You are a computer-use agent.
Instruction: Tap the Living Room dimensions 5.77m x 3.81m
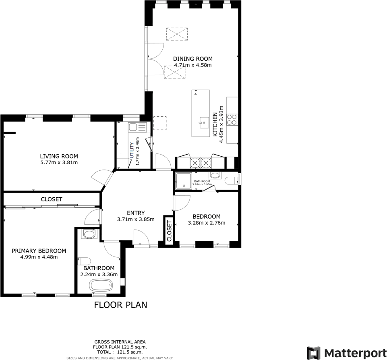click(x=59, y=163)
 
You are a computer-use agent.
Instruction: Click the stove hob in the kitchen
click(x=232, y=120)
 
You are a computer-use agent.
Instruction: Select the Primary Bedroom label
click(x=39, y=251)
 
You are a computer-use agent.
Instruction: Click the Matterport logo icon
click(x=313, y=352)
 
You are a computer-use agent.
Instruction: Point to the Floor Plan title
click(x=120, y=305)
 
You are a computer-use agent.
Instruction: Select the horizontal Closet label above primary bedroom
click(x=52, y=199)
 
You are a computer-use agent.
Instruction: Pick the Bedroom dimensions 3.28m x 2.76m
click(x=207, y=223)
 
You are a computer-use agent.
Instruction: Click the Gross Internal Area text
click(x=120, y=341)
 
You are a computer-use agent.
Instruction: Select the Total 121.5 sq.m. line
click(x=120, y=352)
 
